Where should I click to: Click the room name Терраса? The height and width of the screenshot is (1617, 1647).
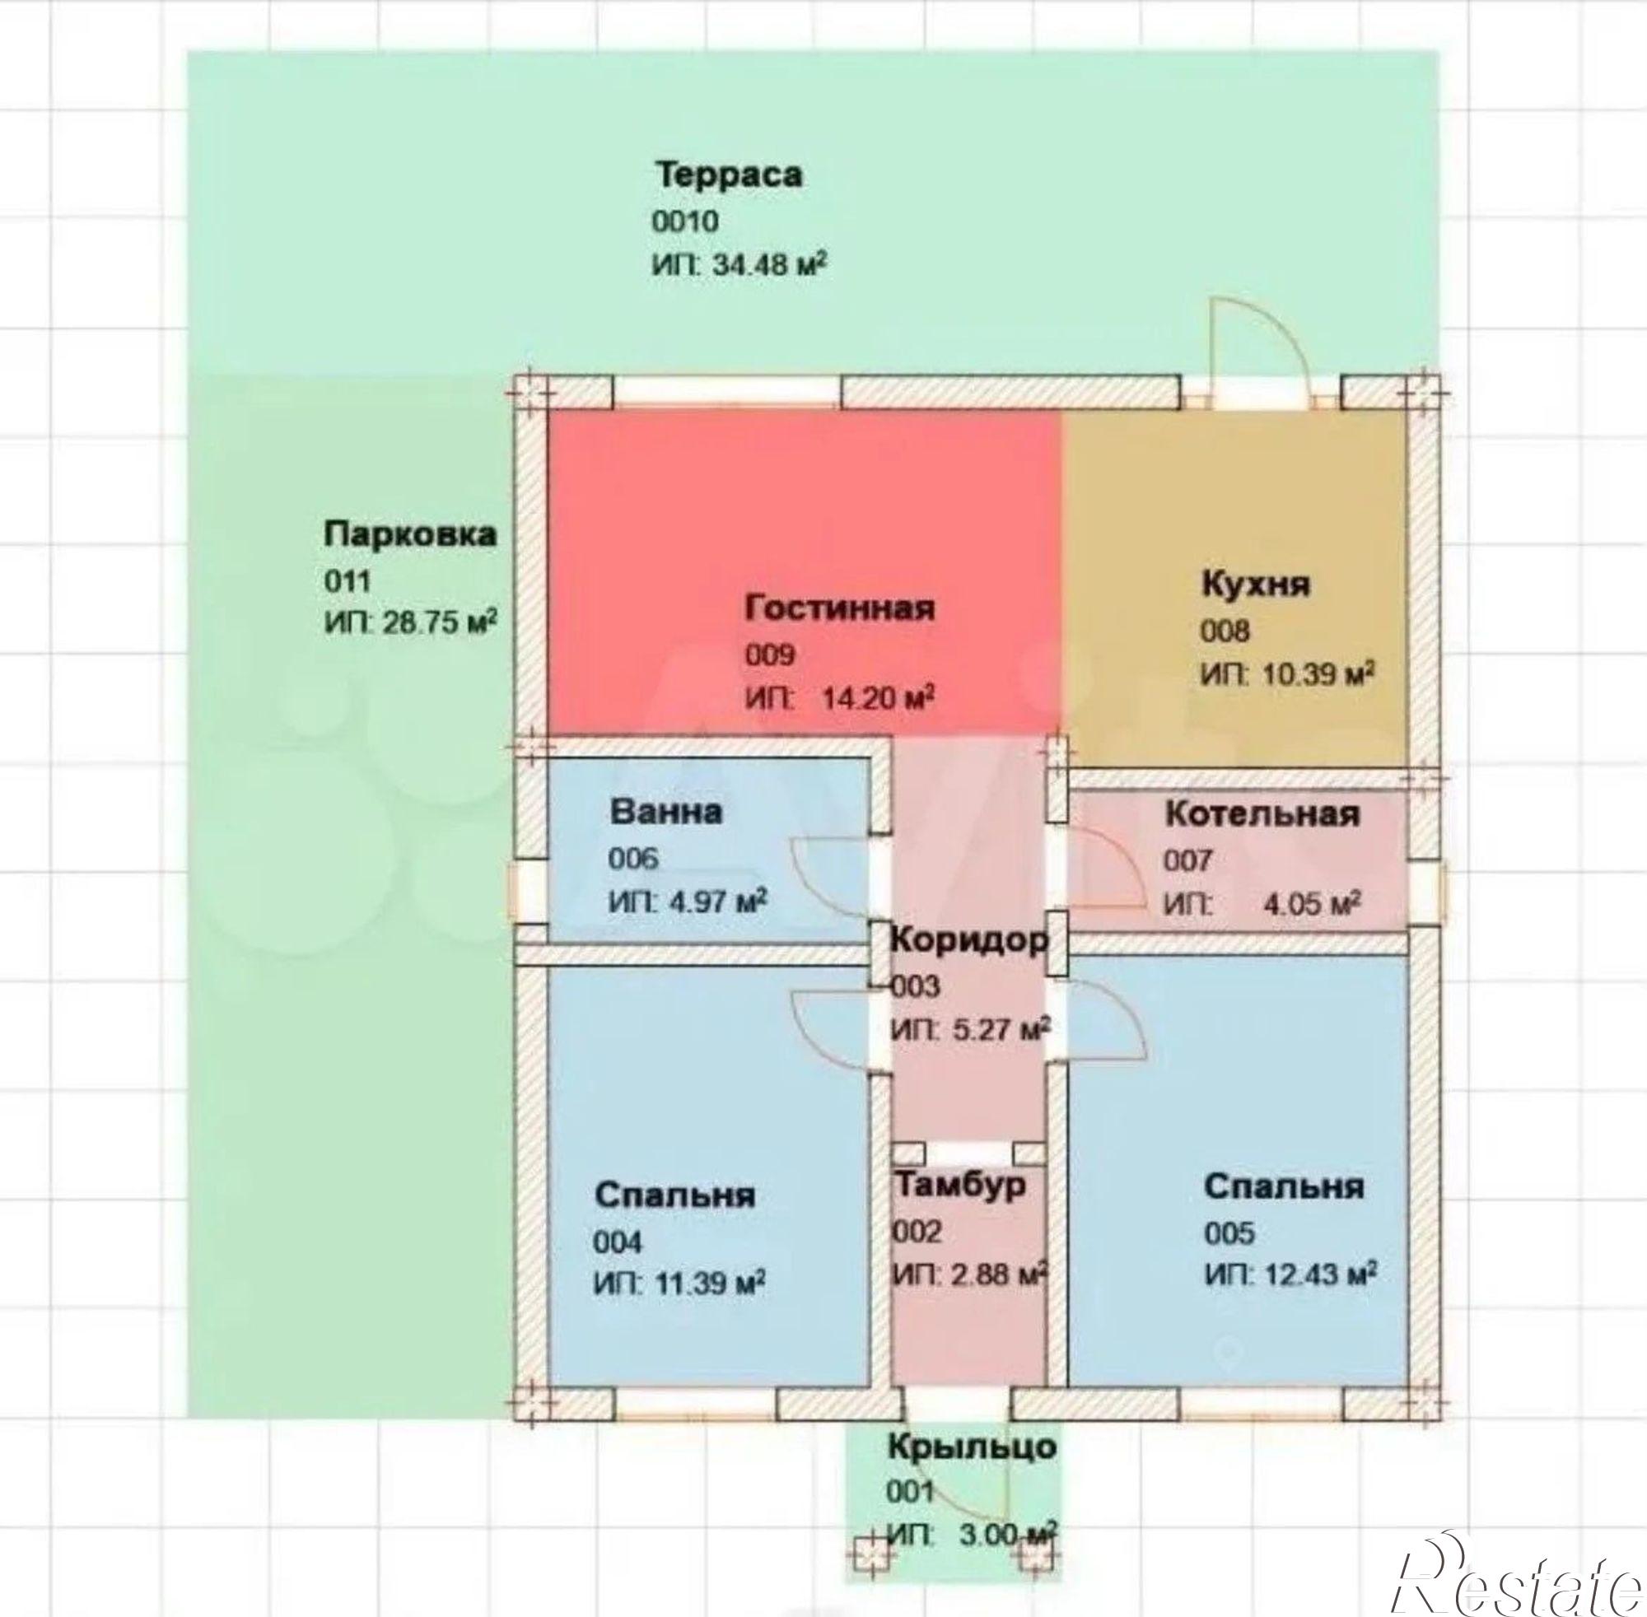(729, 175)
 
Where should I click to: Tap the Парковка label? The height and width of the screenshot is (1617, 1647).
(410, 535)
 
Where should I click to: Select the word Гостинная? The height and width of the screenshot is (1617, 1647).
(840, 608)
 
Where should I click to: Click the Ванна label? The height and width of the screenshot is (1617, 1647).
(667, 811)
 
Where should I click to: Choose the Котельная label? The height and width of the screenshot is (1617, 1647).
(1262, 814)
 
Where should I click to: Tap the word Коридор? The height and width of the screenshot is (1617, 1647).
(968, 940)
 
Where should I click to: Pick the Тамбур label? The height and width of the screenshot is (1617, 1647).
(960, 1185)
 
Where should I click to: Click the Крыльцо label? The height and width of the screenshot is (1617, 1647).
(972, 1446)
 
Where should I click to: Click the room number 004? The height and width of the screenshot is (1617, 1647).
(618, 1242)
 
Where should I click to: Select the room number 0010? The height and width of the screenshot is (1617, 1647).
(685, 221)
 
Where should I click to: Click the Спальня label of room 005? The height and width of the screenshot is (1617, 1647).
(1284, 1186)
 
